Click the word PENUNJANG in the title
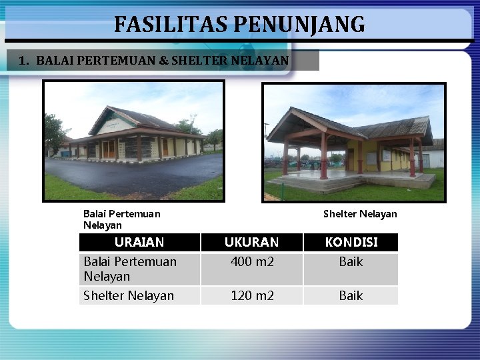click(x=299, y=25)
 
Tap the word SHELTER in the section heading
click(x=198, y=61)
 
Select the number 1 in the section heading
click(x=23, y=61)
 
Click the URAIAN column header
click(x=139, y=242)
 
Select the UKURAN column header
click(x=251, y=242)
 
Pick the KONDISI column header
click(x=351, y=242)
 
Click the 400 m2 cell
click(x=251, y=262)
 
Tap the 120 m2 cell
click(x=251, y=295)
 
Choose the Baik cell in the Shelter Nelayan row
click(x=351, y=295)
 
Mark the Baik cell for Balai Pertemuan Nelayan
click(x=351, y=262)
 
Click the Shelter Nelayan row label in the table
click(x=128, y=295)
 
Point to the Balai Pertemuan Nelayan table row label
click(x=129, y=269)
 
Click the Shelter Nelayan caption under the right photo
click(x=359, y=214)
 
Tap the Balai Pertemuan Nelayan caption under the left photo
click(x=121, y=219)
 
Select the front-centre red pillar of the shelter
click(x=324, y=157)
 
